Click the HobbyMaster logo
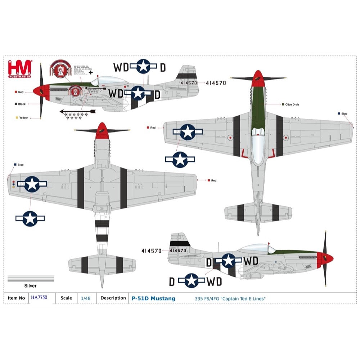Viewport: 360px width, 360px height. click(20, 69)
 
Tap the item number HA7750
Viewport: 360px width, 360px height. click(39, 298)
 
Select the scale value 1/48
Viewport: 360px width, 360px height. click(86, 298)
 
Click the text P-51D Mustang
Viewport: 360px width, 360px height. click(153, 298)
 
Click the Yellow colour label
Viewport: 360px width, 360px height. click(23, 118)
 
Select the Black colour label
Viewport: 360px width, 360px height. click(22, 104)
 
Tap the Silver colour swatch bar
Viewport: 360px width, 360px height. click(31, 278)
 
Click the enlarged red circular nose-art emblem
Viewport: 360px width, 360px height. click(61, 69)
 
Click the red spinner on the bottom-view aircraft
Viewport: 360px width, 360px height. click(102, 130)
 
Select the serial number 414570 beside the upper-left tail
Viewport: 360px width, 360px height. click(216, 83)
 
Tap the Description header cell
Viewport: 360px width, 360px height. click(113, 298)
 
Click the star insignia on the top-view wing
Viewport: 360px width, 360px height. click(188, 132)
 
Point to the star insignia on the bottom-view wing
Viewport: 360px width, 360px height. click(32, 184)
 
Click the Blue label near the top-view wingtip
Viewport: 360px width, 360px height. click(344, 114)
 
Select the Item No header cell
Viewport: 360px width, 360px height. click(17, 298)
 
